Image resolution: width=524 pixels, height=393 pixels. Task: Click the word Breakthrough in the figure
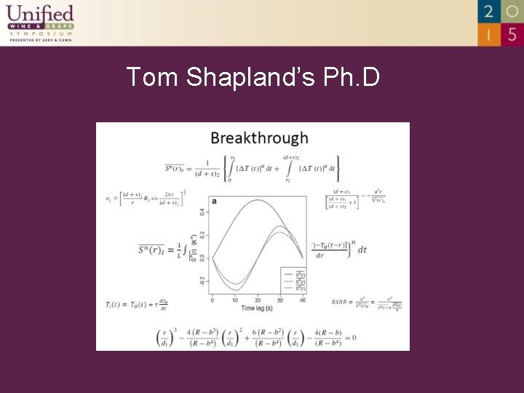click(x=259, y=138)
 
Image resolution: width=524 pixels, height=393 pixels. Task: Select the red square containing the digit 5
click(x=512, y=33)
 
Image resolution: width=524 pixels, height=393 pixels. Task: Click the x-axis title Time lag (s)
click(x=257, y=309)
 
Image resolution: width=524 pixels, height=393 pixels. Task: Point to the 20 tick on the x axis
click(x=257, y=300)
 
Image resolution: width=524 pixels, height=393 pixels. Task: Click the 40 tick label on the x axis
click(x=302, y=300)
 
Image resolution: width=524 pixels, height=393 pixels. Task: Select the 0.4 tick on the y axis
click(x=203, y=212)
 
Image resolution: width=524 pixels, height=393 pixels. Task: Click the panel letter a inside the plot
click(x=214, y=201)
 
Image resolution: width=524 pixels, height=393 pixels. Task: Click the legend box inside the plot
click(x=292, y=280)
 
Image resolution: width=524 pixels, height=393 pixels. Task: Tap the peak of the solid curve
click(x=257, y=200)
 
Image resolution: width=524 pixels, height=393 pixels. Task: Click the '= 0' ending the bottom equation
click(x=349, y=337)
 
